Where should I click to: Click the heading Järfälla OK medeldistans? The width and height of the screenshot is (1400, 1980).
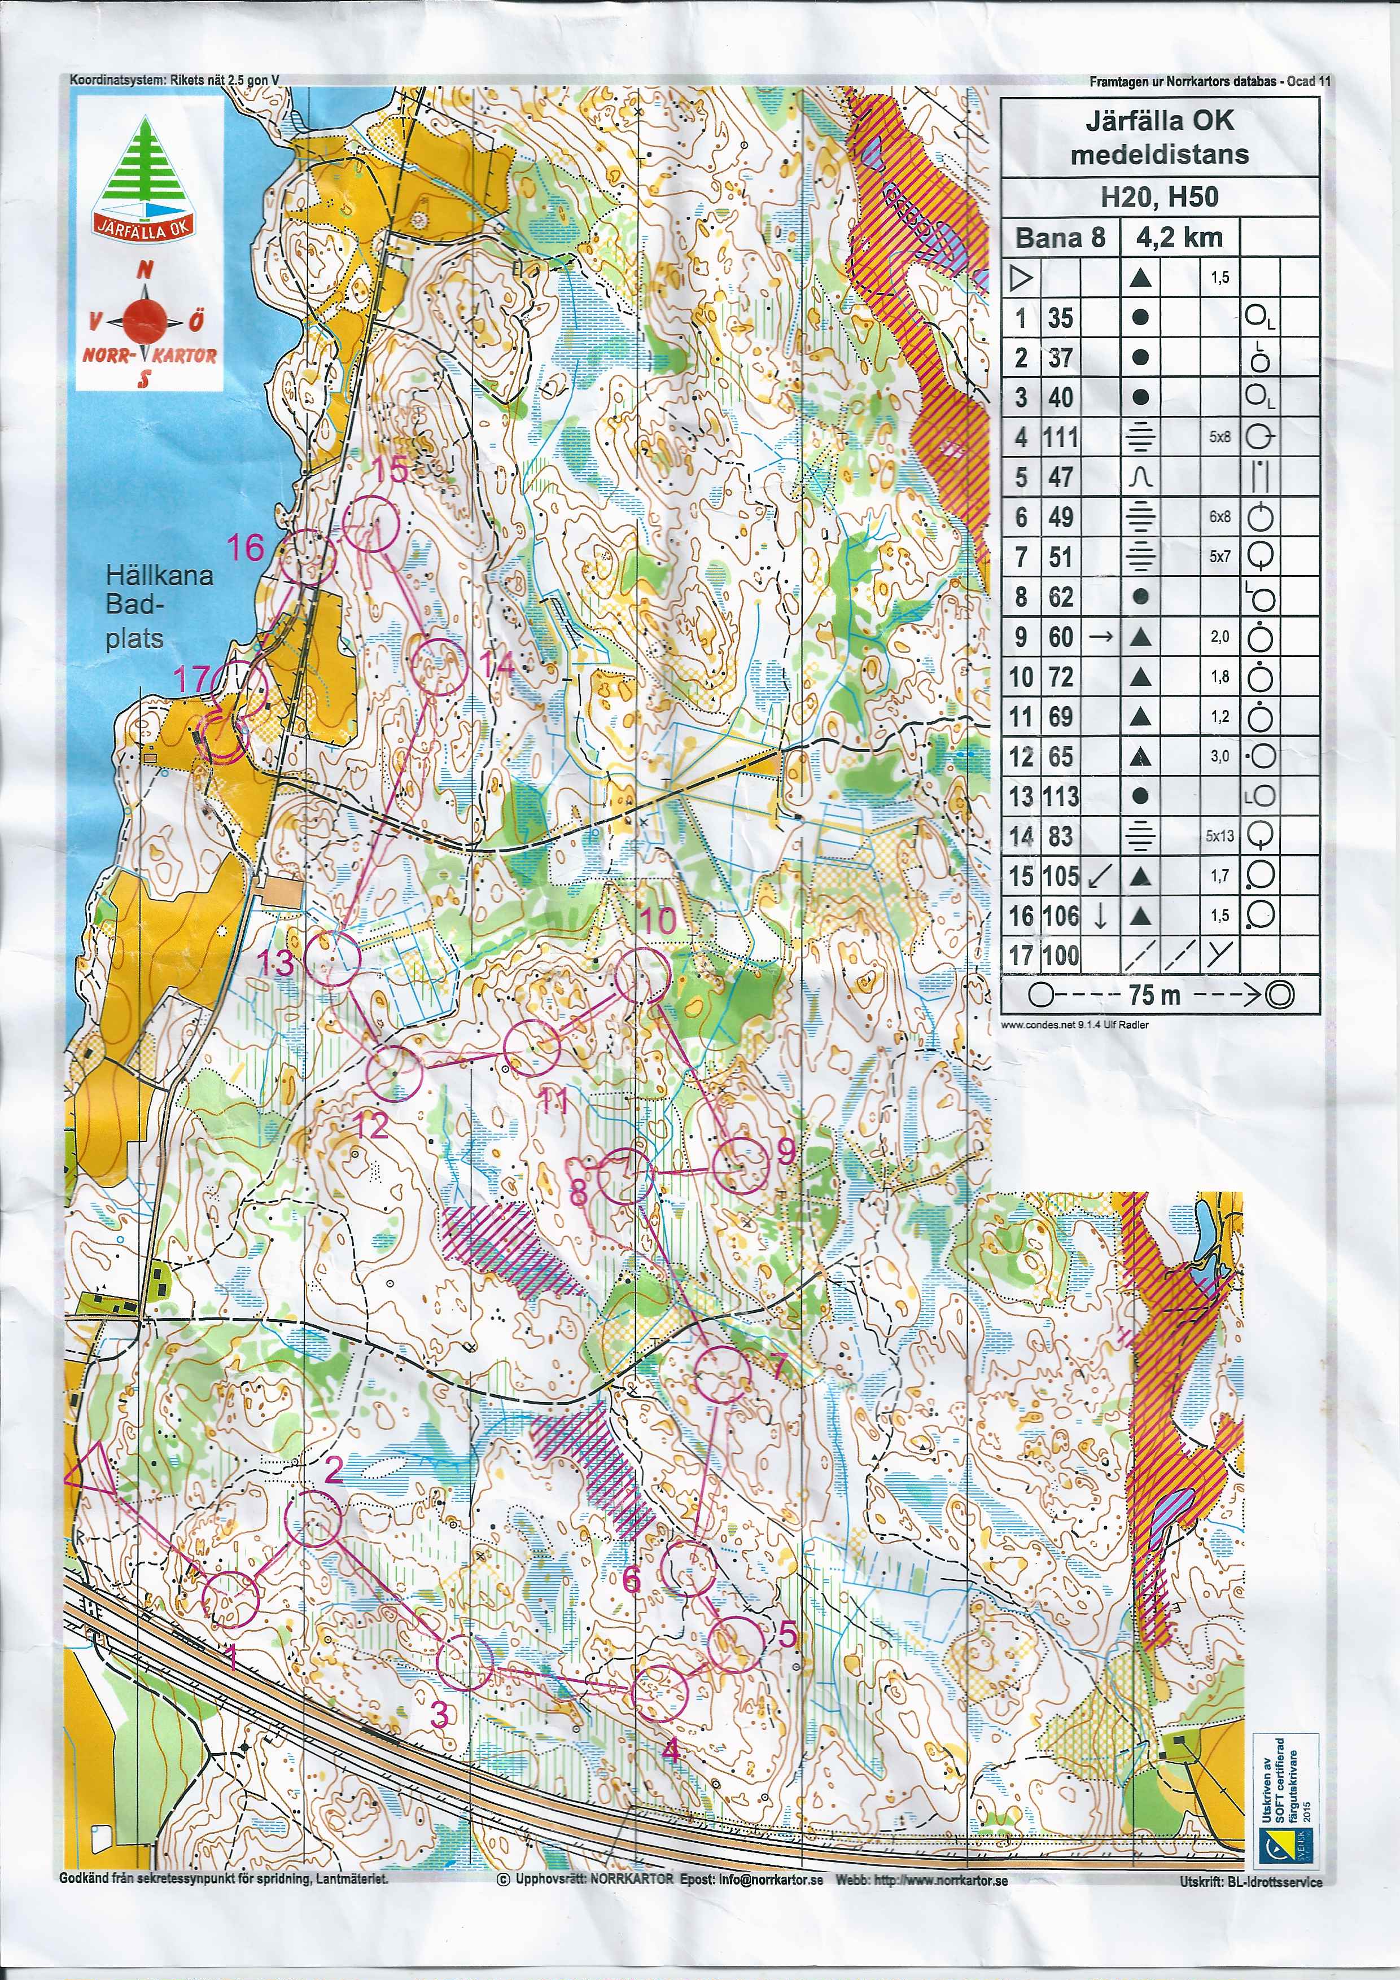pos(1160,137)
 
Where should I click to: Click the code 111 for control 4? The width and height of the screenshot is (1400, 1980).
pos(1060,437)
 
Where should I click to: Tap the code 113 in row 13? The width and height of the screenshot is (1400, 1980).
pos(1060,796)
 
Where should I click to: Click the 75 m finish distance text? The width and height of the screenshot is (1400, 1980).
pos(1154,995)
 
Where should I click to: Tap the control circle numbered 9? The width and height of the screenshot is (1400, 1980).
pos(740,1165)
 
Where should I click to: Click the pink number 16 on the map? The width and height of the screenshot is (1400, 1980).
pos(246,547)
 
